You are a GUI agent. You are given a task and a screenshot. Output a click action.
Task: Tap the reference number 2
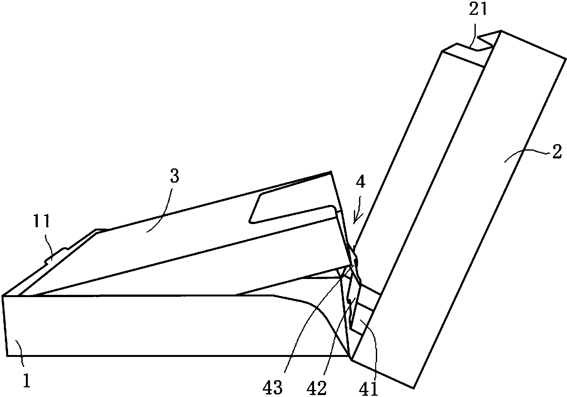tap(556, 152)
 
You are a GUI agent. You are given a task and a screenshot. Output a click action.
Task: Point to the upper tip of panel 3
tap(331, 172)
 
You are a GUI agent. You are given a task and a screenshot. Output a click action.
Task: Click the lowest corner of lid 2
tap(414, 388)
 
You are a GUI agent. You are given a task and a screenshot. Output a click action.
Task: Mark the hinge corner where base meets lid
tap(351, 358)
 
